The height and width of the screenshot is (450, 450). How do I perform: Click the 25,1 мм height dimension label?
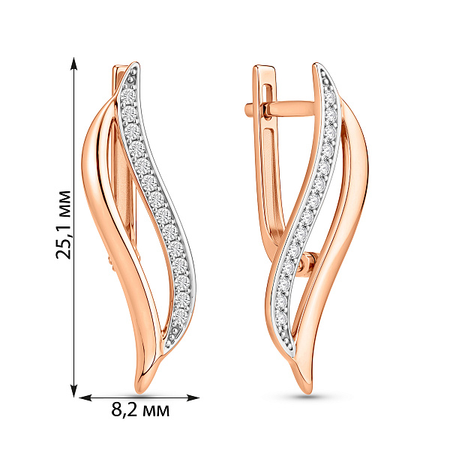63,225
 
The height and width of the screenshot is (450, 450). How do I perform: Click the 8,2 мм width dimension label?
140,409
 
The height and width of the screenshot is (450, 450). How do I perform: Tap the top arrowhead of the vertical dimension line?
74,63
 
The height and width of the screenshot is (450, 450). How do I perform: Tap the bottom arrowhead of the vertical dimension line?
74,391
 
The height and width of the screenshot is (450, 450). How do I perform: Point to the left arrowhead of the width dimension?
85,397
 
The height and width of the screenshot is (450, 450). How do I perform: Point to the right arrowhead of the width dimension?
193,397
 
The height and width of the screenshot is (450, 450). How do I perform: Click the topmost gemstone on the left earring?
128,96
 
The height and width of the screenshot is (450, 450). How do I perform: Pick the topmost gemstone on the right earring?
329,96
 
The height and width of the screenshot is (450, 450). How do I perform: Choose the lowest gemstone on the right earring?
281,319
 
